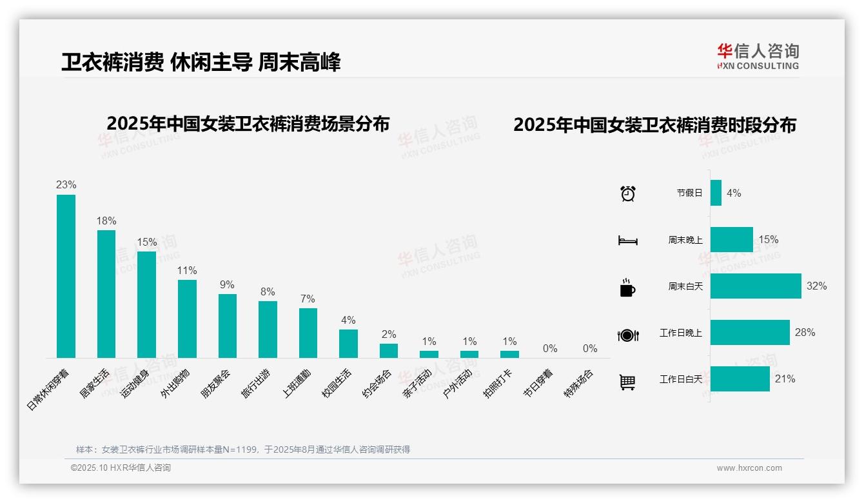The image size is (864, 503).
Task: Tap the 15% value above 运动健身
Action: [x=147, y=242]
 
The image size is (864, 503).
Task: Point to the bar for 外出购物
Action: [x=187, y=319]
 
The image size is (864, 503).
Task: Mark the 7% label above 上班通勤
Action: [x=308, y=299]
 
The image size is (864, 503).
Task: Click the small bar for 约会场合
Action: [x=389, y=350]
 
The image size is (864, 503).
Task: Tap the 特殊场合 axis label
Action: [x=578, y=384]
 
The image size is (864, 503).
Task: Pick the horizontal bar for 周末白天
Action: [x=756, y=286]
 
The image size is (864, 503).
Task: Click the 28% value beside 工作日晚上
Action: [x=805, y=333]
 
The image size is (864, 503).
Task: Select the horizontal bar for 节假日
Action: [x=716, y=193]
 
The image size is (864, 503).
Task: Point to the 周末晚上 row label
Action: [x=685, y=240]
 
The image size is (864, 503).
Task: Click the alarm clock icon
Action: [x=628, y=193]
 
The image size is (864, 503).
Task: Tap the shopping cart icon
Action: [x=627, y=382]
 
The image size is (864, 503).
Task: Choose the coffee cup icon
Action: [x=627, y=288]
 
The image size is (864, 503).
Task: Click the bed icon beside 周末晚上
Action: [x=627, y=241]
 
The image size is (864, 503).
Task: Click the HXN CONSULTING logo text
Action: [x=758, y=66]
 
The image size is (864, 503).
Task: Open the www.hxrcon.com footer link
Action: [x=749, y=468]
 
